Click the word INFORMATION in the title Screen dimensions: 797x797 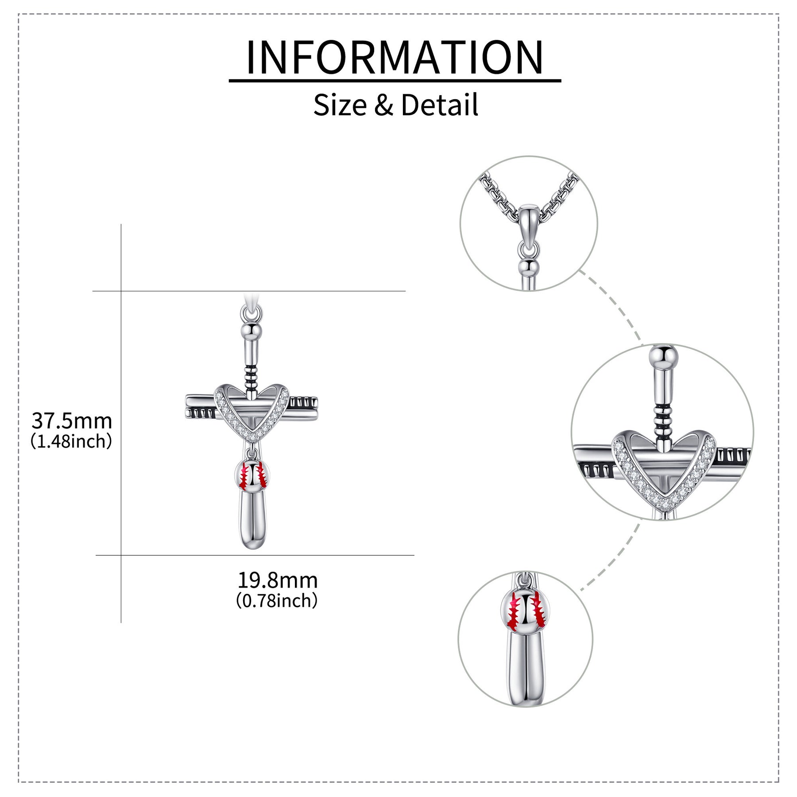tap(395, 57)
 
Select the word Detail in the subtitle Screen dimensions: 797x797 tap(439, 105)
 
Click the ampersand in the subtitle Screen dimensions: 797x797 tap(383, 105)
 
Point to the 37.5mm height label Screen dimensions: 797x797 tap(72, 421)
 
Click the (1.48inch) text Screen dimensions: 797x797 tap(71, 441)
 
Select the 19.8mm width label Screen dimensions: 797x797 tap(278, 580)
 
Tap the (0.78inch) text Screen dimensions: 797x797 tap(277, 601)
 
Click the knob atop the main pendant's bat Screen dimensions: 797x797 tap(251, 330)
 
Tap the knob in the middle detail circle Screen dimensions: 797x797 tap(663, 356)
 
